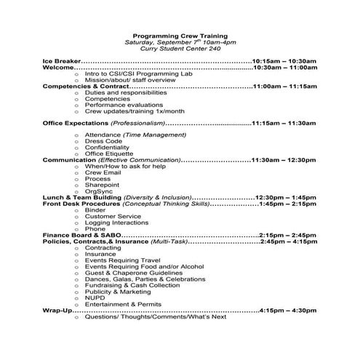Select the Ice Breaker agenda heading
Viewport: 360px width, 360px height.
61,60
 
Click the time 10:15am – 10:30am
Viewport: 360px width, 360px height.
284,60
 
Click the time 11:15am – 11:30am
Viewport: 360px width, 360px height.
284,123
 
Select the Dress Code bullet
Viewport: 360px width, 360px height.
103,141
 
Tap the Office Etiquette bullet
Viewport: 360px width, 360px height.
109,153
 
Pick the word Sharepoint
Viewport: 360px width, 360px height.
103,185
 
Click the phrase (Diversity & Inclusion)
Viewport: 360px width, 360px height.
159,198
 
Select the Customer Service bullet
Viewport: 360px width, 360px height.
113,216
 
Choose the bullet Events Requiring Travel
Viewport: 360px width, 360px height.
121,260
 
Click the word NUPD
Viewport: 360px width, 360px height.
95,298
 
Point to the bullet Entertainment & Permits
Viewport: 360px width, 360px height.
123,304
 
